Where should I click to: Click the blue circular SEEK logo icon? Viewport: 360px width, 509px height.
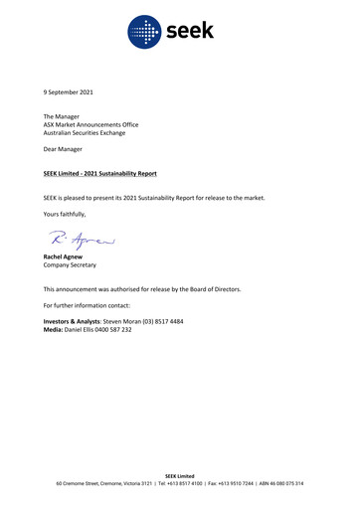click(x=145, y=33)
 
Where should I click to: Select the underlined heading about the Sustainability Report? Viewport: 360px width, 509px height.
click(x=99, y=174)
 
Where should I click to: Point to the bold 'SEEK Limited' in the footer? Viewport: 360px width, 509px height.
click(x=180, y=475)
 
